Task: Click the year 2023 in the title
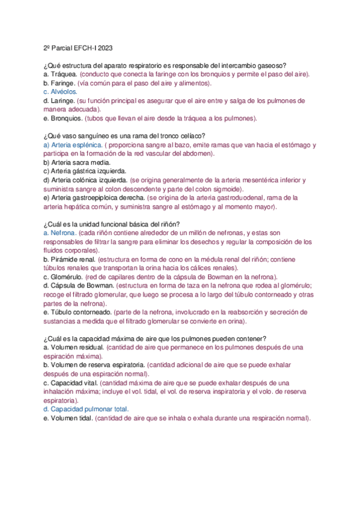point(102,48)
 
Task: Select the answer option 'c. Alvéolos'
point(60,91)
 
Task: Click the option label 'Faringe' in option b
point(63,83)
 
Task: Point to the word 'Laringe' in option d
point(63,100)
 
